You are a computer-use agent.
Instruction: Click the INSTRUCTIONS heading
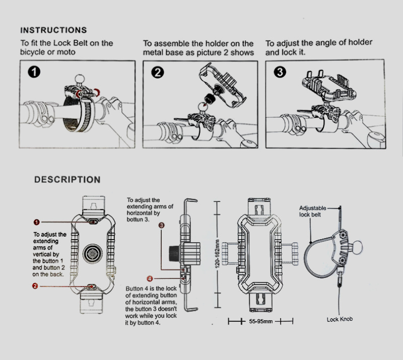tap(53, 30)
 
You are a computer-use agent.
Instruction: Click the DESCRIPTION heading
tap(67, 180)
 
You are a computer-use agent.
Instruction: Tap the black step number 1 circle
tap(35, 73)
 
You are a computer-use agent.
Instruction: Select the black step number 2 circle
tap(158, 73)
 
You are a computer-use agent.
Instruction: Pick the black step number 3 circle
tap(280, 73)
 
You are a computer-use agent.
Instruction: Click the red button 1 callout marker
tap(37, 222)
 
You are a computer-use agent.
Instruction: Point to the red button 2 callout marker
tap(35, 286)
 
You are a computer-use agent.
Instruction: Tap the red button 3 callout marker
tap(161, 226)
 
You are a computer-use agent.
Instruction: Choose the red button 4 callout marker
tap(150, 278)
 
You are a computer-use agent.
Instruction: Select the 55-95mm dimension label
tap(260, 321)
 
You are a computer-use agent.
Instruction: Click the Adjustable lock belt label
tap(313, 211)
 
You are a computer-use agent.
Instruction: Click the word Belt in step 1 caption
tap(80, 43)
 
